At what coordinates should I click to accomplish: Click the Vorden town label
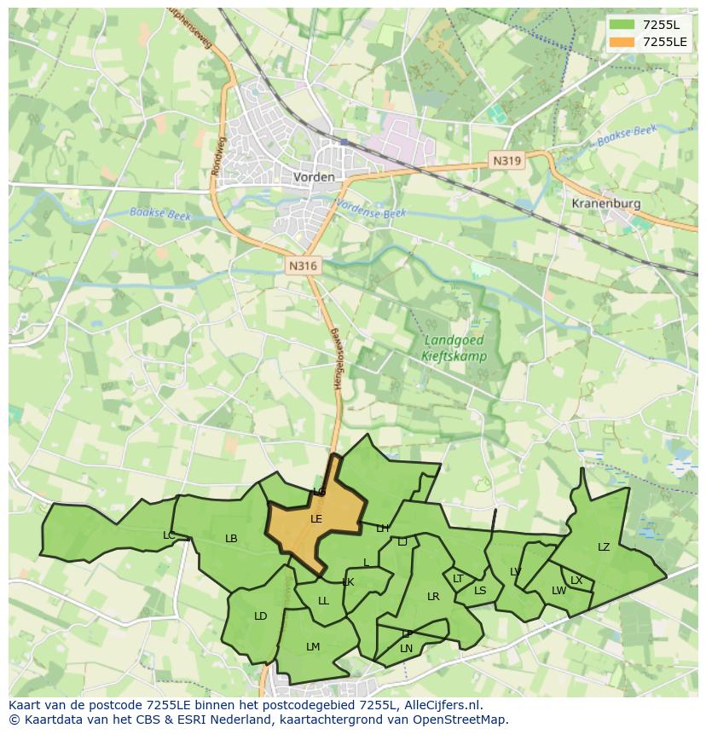[314, 177]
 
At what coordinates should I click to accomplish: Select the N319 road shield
[506, 160]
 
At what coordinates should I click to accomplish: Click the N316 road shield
[303, 266]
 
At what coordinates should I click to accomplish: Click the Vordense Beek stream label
[371, 210]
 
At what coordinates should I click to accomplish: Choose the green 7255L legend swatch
[622, 24]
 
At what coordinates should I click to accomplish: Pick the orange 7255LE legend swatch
[622, 42]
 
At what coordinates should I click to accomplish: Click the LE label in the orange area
[316, 518]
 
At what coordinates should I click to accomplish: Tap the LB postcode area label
[231, 539]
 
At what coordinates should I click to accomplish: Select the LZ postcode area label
[604, 547]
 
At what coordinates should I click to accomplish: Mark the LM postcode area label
[313, 647]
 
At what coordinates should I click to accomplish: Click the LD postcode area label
[260, 616]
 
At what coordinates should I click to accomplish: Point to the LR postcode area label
[433, 597]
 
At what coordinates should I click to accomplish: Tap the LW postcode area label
[558, 591]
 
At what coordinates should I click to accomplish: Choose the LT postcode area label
[458, 579]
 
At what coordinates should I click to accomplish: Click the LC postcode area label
[169, 535]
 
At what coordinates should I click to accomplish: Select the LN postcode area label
[406, 649]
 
